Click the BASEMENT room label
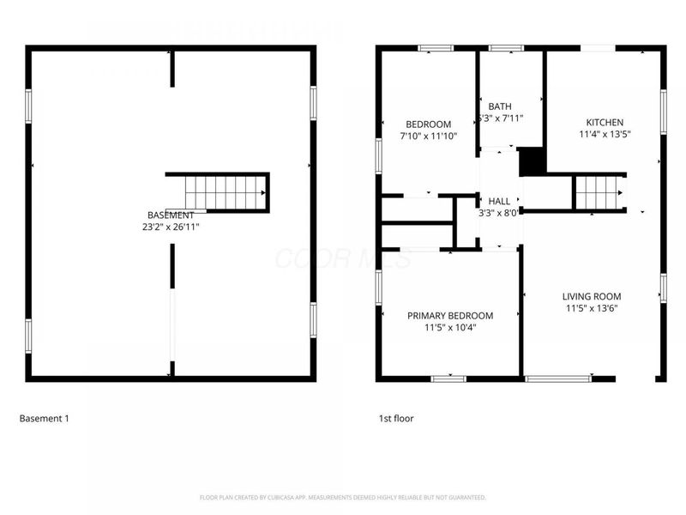point(171,215)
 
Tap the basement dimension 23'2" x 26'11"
point(171,227)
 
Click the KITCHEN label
point(605,122)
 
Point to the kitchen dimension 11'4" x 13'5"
point(605,134)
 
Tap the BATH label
point(500,106)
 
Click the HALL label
point(499,201)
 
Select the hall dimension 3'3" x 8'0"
point(498,213)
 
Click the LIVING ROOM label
point(592,296)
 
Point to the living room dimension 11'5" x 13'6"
point(592,308)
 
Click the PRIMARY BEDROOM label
point(450,315)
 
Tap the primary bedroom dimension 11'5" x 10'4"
point(450,327)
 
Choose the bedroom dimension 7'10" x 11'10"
point(429,136)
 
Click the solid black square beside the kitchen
point(533,161)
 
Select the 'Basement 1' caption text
point(44,419)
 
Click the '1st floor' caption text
point(396,419)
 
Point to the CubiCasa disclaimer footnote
point(343,497)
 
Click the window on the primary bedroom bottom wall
point(448,378)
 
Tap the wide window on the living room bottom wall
point(557,378)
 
